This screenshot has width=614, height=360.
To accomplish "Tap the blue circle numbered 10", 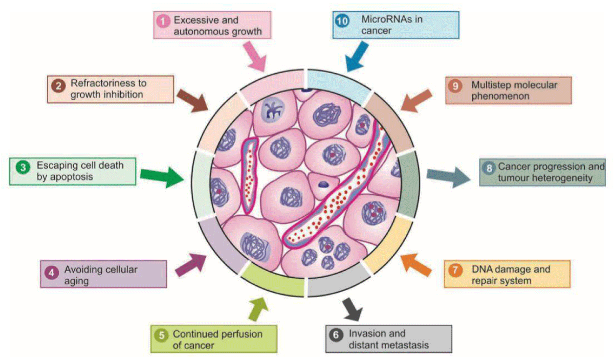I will click(341, 21).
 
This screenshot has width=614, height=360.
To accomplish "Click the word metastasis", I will click(398, 345).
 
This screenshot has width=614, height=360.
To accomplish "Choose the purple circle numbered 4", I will click(51, 271).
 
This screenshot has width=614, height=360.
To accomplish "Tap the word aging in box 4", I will click(75, 281).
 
